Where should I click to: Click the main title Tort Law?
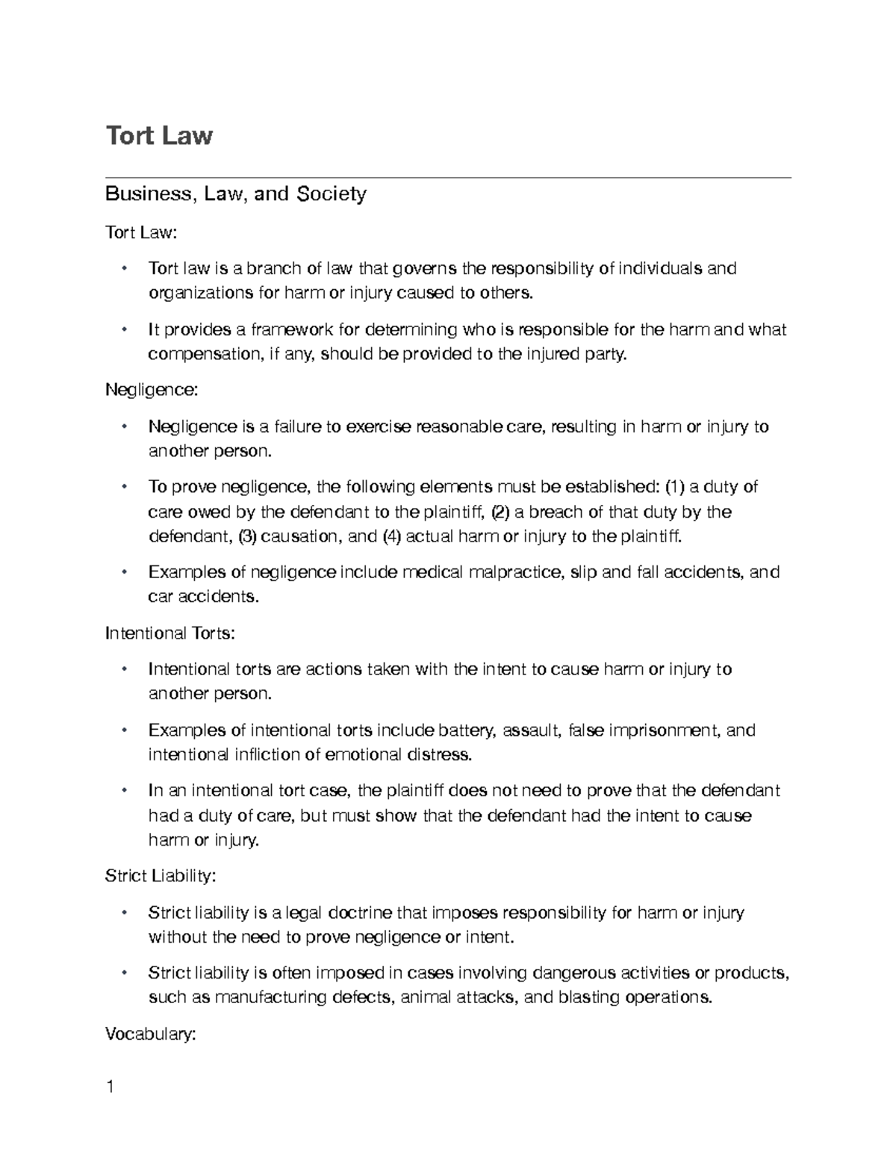click(159, 136)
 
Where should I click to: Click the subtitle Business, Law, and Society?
click(235, 194)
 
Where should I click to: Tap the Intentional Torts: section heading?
click(170, 633)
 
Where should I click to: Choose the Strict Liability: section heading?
click(160, 875)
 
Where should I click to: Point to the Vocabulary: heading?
click(150, 1035)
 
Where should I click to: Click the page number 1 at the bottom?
click(110, 1087)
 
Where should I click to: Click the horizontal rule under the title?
click(448, 178)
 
